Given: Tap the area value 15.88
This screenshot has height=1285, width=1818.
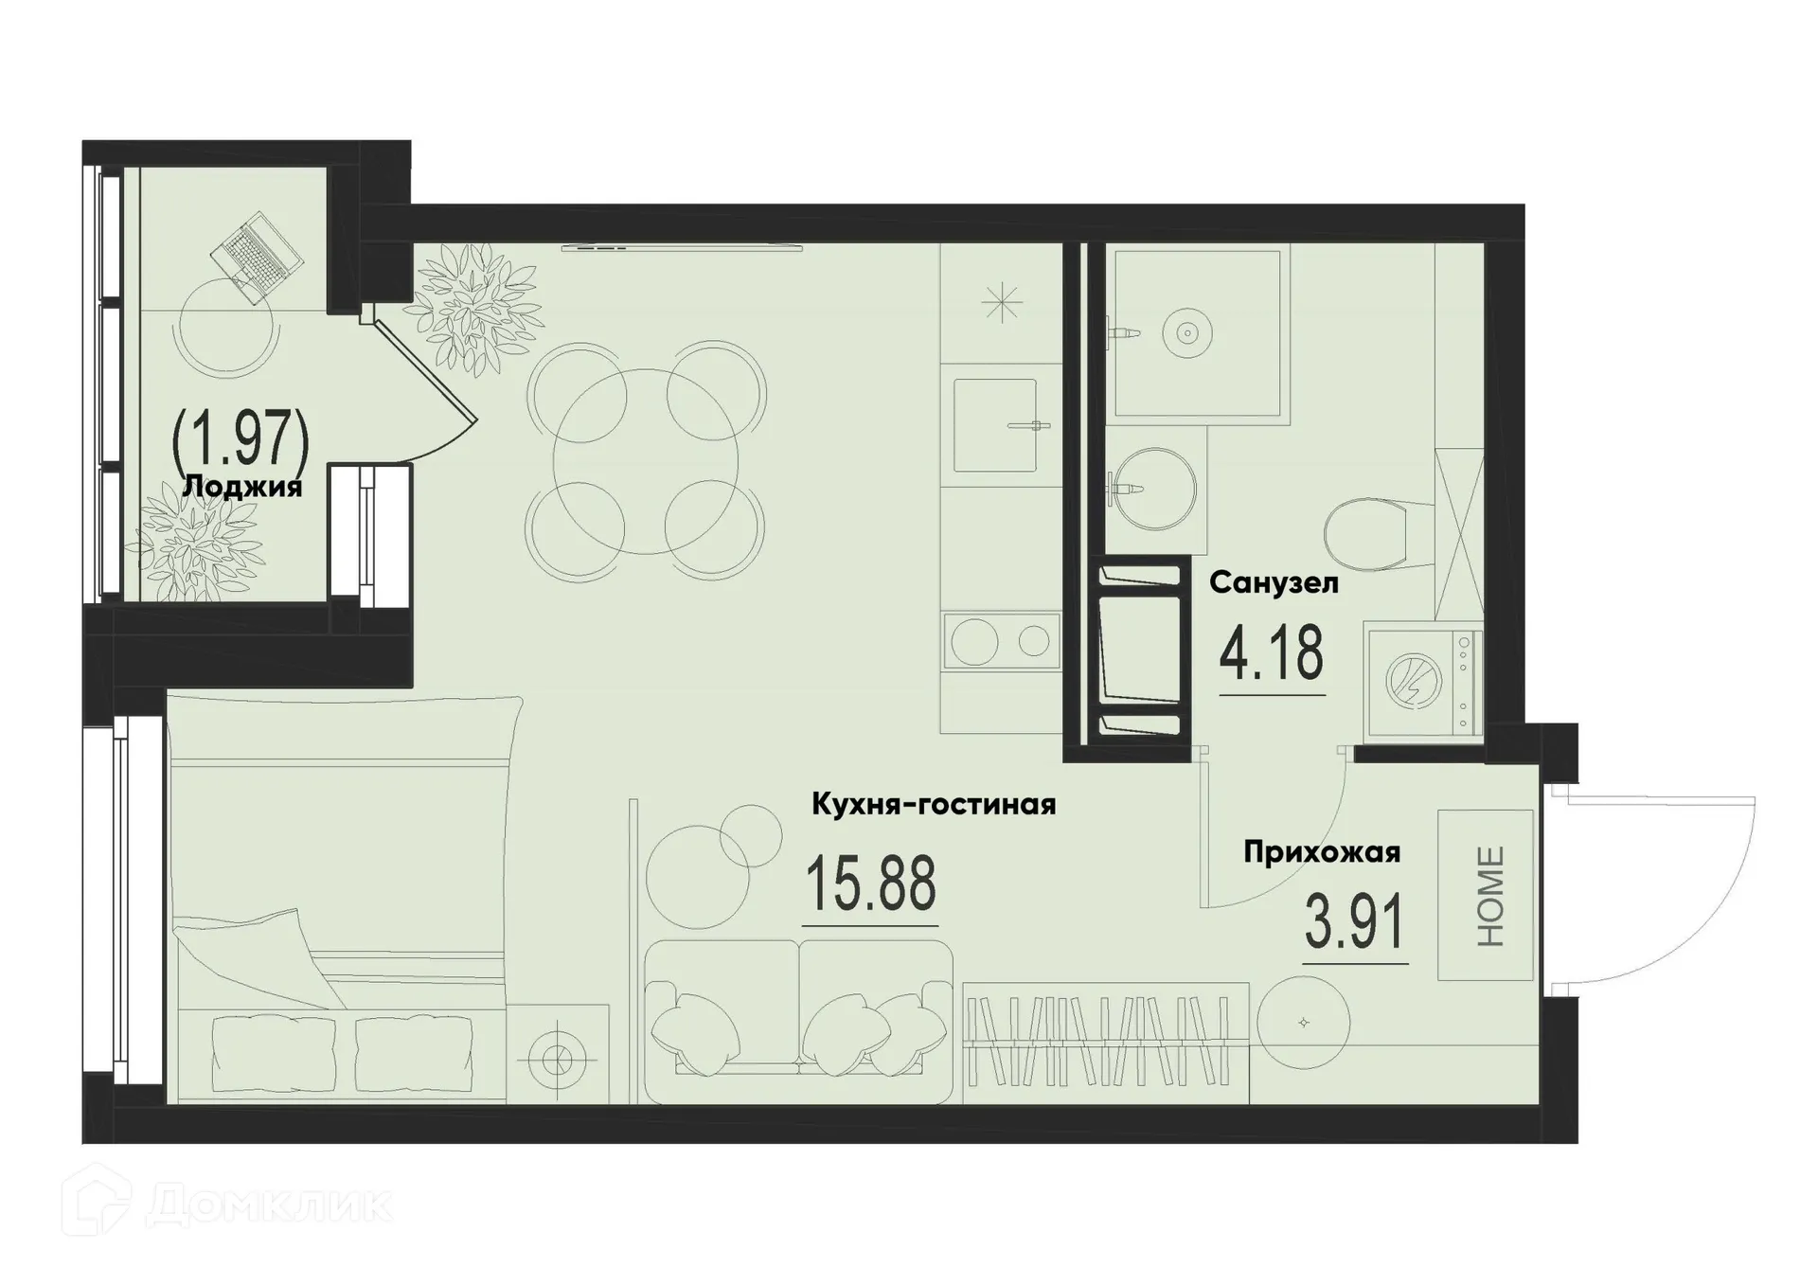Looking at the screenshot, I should coord(870,883).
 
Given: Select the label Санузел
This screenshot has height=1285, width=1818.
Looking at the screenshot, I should coord(1274,583).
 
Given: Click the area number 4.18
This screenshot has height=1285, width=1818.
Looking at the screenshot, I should coord(1271,654).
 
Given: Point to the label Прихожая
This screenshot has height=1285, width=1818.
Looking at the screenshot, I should coord(1321,852).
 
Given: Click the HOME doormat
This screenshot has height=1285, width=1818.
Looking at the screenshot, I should coord(1485,895).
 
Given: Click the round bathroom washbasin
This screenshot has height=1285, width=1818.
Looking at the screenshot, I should coord(1152,489).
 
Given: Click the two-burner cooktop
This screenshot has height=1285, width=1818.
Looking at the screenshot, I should coord(1000,642).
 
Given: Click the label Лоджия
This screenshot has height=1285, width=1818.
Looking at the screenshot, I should coord(241,488).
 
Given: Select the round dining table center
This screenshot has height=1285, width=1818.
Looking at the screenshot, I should coord(646,462).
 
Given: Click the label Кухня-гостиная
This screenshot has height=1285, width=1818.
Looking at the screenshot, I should coord(934,805).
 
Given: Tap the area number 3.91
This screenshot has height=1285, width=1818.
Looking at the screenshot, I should coord(1353,922).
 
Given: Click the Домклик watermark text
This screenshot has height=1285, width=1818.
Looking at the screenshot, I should coord(270,1205).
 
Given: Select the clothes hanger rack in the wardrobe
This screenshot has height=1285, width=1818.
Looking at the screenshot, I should coord(1105,1042).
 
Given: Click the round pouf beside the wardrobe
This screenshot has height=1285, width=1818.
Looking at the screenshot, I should coord(1303,1023).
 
